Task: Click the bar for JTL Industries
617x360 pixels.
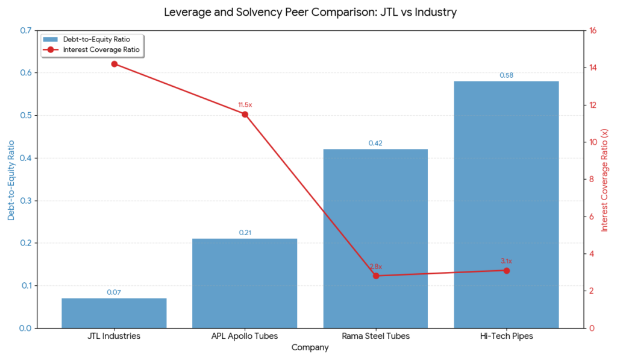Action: pyautogui.click(x=114, y=313)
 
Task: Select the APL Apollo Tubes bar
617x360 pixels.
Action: pyautogui.click(x=245, y=283)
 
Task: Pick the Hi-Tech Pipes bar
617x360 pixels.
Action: pyautogui.click(x=506, y=204)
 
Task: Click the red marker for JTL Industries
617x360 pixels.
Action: pyautogui.click(x=114, y=64)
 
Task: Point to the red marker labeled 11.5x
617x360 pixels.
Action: pyautogui.click(x=245, y=114)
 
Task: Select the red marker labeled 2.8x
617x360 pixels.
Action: pyautogui.click(x=375, y=276)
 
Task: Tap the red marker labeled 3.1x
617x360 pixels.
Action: pyautogui.click(x=506, y=270)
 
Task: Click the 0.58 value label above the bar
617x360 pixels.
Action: pyautogui.click(x=506, y=75)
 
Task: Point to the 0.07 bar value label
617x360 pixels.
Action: pyautogui.click(x=114, y=292)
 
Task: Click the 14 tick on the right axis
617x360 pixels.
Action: pyautogui.click(x=593, y=68)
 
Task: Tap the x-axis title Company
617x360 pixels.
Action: pyautogui.click(x=310, y=348)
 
